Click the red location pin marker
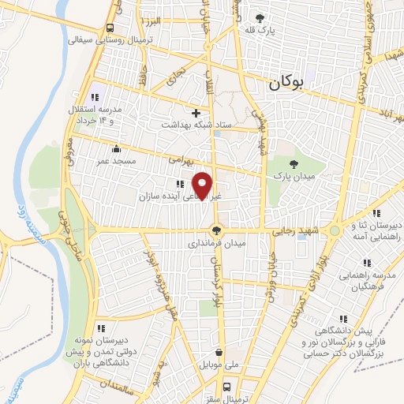point(204,185)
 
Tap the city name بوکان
point(286,82)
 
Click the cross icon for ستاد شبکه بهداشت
point(196,113)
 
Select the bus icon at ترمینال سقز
point(227,387)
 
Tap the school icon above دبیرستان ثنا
point(376,212)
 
